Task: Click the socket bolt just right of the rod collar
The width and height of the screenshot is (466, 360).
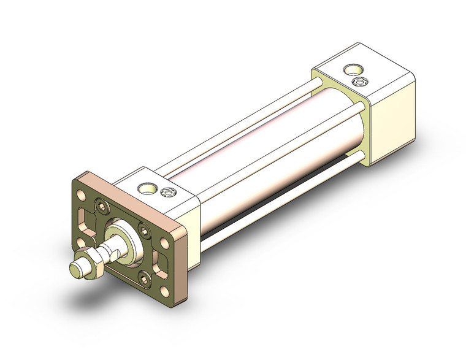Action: [x=143, y=229]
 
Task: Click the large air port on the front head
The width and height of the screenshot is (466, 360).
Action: [x=147, y=188]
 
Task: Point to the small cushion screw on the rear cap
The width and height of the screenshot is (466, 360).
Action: [x=359, y=82]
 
